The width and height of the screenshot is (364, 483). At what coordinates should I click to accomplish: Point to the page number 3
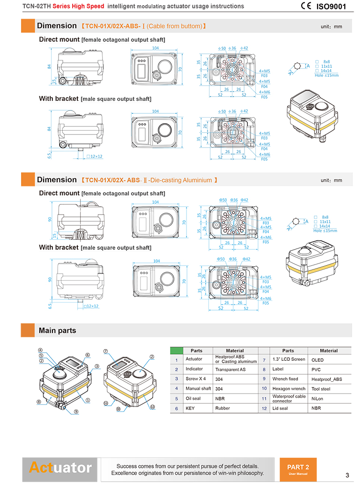click(347, 475)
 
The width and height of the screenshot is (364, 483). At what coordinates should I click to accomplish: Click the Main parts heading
click(57, 330)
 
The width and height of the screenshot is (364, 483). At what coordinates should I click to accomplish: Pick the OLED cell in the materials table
click(318, 360)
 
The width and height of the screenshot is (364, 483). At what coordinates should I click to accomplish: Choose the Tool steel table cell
click(321, 389)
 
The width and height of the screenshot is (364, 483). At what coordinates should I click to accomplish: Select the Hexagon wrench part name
click(289, 388)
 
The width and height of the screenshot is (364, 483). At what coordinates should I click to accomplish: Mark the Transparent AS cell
click(230, 370)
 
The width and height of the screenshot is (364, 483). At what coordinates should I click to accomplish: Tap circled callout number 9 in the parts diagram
click(76, 412)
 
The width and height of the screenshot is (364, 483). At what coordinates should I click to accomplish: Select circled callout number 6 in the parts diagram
click(87, 355)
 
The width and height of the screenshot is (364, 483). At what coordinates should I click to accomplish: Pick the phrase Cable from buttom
click(175, 26)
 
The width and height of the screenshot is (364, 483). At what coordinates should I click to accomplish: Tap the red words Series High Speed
click(78, 6)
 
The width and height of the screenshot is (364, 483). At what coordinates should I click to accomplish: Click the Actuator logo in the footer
click(60, 468)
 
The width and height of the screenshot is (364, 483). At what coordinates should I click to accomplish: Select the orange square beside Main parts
click(28, 330)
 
